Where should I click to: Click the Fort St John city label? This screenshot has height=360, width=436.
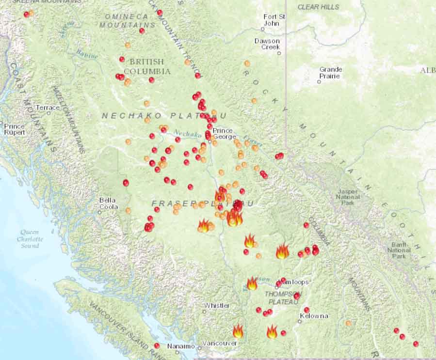[275, 19]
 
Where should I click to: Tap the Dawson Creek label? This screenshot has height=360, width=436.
[267, 44]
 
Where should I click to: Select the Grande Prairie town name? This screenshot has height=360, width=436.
[330, 72]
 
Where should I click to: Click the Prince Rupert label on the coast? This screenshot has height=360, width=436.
[14, 129]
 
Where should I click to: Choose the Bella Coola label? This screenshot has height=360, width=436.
[108, 203]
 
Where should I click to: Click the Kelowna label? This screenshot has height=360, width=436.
[314, 316]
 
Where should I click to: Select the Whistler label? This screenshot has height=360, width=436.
[217, 306]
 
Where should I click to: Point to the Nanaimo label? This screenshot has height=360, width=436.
[180, 346]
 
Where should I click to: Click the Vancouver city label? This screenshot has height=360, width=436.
[220, 343]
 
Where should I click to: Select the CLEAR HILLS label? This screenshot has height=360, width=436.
[318, 7]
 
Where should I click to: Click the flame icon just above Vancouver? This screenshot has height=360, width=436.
[238, 331]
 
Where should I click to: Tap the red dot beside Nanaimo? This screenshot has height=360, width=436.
[157, 345]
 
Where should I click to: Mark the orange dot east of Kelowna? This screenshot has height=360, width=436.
[348, 323]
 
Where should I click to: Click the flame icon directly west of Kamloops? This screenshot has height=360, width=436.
[252, 283]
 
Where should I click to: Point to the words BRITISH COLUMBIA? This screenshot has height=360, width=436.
[147, 66]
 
